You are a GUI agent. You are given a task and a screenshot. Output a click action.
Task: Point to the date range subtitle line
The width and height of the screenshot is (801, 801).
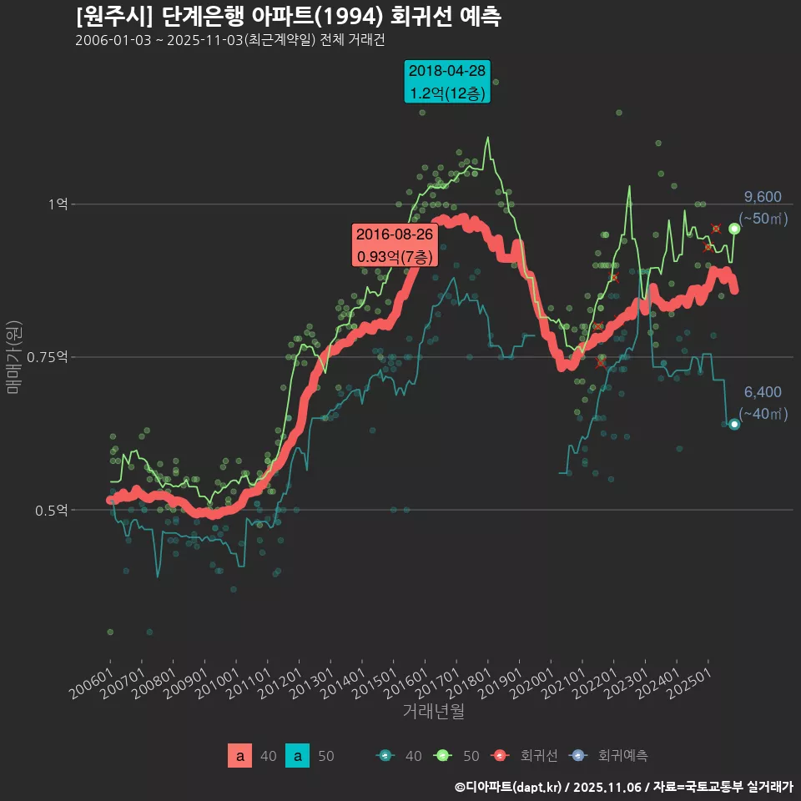click(x=229, y=40)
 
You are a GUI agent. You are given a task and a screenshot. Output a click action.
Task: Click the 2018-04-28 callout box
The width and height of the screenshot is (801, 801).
click(x=446, y=82)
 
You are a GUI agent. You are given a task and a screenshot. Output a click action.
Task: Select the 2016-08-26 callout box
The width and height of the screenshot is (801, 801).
click(x=395, y=245)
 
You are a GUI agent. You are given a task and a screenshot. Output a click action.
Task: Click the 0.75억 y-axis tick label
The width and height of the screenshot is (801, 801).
click(x=52, y=357)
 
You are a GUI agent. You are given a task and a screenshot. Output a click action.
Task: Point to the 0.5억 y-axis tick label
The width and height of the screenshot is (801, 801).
click(x=55, y=510)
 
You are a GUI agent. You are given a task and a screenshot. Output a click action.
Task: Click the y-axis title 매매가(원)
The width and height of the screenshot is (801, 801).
click(x=14, y=355)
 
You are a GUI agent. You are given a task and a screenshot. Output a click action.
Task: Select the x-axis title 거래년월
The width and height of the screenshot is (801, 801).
click(x=433, y=711)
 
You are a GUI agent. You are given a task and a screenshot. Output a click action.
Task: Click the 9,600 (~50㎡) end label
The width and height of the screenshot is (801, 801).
click(x=763, y=208)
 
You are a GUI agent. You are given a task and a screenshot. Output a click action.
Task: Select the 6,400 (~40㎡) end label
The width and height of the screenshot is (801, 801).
click(x=763, y=403)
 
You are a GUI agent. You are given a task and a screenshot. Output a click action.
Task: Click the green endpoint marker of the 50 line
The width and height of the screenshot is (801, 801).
click(x=734, y=229)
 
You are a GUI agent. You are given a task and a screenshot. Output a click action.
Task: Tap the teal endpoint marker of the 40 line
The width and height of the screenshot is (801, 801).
click(x=734, y=424)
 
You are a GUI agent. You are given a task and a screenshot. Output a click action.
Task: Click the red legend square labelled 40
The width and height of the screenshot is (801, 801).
click(x=240, y=756)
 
